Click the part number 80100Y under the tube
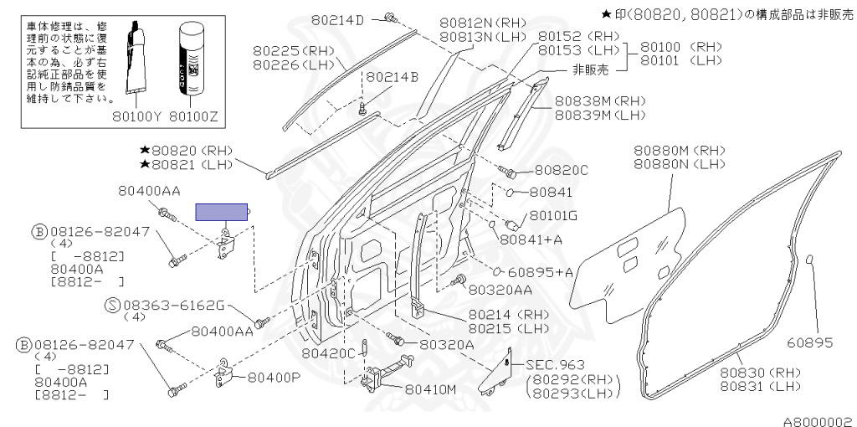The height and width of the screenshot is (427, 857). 139,117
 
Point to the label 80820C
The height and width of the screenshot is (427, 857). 560,171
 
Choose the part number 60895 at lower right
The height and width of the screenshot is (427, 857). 808,342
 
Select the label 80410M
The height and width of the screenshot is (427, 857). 431,389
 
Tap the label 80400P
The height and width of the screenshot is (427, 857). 273,377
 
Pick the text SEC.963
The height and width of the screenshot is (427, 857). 555,366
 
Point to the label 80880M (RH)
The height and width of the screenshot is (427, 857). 679,150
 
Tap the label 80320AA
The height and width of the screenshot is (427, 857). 500,290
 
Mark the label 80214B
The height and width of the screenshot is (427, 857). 391,78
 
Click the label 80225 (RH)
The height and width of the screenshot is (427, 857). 294,50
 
